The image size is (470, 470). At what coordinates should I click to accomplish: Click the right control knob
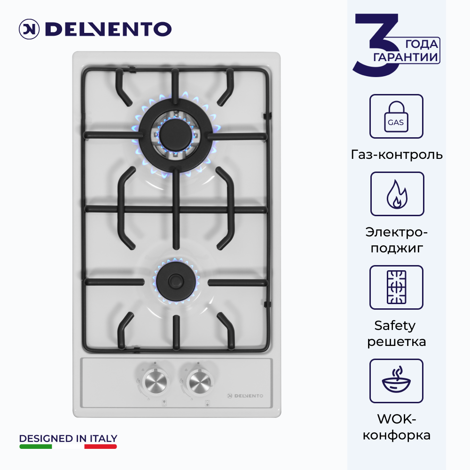point(198,382)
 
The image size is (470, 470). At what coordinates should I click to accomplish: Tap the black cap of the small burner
point(176,281)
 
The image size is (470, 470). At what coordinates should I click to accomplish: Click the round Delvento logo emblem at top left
point(29,29)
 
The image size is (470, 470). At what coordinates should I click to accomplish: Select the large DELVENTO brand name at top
point(108,29)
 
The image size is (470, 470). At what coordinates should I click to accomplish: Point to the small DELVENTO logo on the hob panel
point(245,396)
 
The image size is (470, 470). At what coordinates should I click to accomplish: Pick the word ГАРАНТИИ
point(405,57)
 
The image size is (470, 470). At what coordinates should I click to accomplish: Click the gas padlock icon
point(396,116)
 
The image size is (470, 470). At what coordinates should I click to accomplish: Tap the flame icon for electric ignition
point(397,194)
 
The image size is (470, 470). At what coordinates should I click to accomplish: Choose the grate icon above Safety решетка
point(396,287)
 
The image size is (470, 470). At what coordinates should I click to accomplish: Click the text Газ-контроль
point(397,155)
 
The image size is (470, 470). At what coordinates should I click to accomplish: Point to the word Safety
point(395,326)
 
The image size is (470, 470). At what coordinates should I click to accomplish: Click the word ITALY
point(103,439)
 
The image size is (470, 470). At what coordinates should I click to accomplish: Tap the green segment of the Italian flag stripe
point(36,446)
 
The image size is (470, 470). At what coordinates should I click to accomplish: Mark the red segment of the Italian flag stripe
point(101,446)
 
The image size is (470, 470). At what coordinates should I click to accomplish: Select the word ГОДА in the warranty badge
point(422,44)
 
